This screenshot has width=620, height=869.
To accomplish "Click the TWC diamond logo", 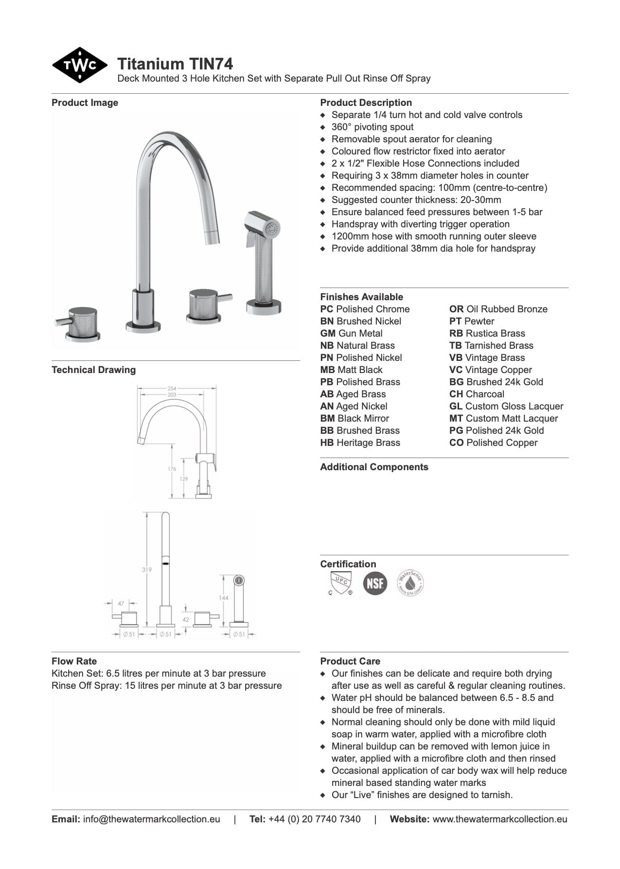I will click(79, 65).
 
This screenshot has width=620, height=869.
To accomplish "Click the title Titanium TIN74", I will click(175, 64).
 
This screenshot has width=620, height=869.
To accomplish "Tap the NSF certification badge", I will click(375, 582).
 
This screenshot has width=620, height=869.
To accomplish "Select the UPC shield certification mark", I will click(340, 582).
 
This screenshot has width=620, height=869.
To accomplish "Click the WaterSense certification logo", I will click(410, 582).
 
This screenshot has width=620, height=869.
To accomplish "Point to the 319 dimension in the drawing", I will click(146, 569).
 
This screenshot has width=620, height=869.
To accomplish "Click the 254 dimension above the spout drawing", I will click(172, 389).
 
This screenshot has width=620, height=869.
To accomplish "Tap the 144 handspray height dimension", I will click(223, 598).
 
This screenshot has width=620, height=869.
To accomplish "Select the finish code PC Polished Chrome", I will click(365, 309).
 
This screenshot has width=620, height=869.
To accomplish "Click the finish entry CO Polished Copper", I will click(493, 443).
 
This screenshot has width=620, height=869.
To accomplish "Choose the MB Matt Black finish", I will click(351, 370).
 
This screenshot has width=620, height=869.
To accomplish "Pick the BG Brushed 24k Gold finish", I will click(496, 382).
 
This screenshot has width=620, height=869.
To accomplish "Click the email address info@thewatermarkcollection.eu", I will click(151, 819).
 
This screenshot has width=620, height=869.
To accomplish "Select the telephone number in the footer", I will click(314, 819).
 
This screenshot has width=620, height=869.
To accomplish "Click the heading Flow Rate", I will click(74, 661).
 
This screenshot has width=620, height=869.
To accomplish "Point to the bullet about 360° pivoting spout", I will click(372, 127).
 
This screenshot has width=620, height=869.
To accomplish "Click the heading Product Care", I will click(350, 661).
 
